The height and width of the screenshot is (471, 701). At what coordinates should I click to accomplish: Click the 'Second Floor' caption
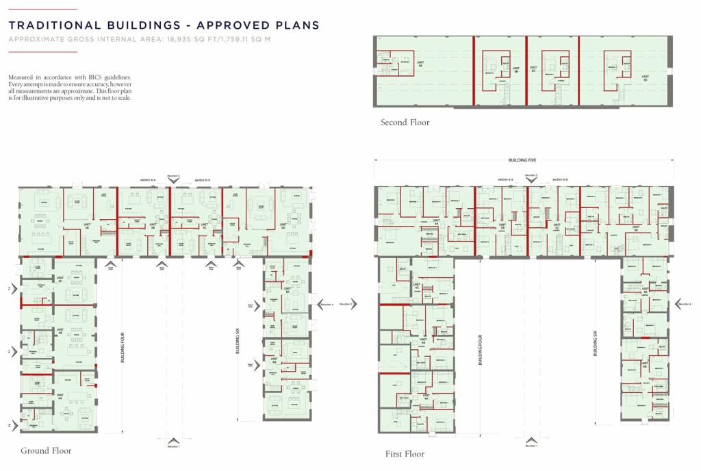coord(405,123)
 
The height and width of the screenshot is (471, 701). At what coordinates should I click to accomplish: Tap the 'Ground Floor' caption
coord(46,450)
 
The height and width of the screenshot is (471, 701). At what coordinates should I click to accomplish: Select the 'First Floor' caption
coord(405,454)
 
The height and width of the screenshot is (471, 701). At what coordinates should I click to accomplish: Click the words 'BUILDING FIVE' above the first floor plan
coord(523,160)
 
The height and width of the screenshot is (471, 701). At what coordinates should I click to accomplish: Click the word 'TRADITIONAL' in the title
coord(52,25)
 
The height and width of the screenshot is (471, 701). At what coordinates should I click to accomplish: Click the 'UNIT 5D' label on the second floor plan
coord(644,79)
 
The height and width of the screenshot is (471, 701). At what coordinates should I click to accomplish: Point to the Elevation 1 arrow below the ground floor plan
coord(173,440)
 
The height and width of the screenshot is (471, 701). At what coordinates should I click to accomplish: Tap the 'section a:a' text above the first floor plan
coord(506,179)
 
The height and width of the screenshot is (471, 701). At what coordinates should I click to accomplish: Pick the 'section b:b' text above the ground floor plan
coord(203,180)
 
